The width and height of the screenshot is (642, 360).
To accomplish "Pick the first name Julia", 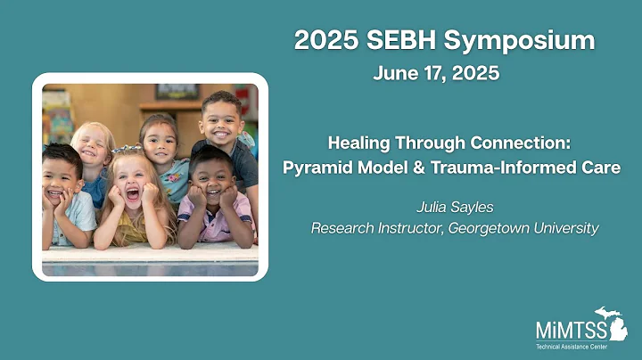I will [x=435, y=208].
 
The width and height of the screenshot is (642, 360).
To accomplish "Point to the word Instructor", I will [x=407, y=229].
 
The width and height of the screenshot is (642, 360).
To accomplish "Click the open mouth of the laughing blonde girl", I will [x=134, y=192].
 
